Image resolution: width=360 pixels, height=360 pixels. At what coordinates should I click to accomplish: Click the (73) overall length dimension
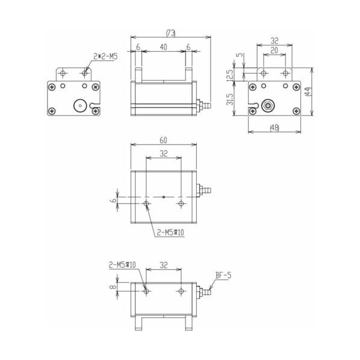[170, 33]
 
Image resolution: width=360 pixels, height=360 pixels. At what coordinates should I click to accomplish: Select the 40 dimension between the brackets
[163, 47]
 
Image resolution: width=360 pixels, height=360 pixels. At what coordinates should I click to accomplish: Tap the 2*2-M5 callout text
[105, 57]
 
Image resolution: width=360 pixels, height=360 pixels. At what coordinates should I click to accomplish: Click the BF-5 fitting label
[223, 275]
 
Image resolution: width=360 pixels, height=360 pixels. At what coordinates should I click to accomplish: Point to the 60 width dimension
[163, 140]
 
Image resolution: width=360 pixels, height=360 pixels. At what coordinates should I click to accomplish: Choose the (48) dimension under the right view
[275, 128]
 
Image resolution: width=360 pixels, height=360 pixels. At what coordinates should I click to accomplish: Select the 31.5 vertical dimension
[229, 99]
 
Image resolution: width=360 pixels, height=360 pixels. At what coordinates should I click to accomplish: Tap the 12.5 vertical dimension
[229, 75]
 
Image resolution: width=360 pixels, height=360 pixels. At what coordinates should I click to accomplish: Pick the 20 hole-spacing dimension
[274, 51]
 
